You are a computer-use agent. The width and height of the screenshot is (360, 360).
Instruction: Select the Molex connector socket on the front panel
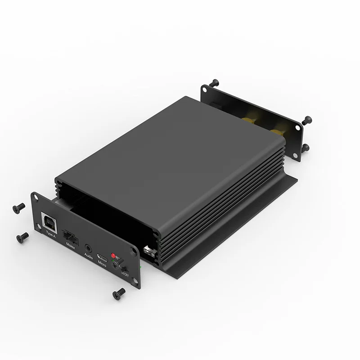click(70, 235)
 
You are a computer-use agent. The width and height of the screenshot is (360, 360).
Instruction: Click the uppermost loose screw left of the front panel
click(18, 207)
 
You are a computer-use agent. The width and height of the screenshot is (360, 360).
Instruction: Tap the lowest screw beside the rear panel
click(306, 148)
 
